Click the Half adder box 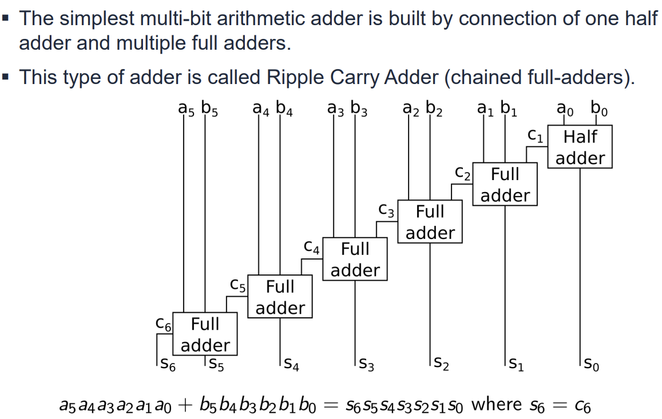(580, 147)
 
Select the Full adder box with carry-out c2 (505, 185)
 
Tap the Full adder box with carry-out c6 (205, 334)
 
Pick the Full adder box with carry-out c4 (355, 260)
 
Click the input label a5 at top (185, 109)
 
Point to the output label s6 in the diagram (167, 364)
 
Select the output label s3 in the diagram (367, 364)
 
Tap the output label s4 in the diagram (292, 364)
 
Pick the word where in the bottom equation (496, 404)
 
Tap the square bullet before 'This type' (6, 77)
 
